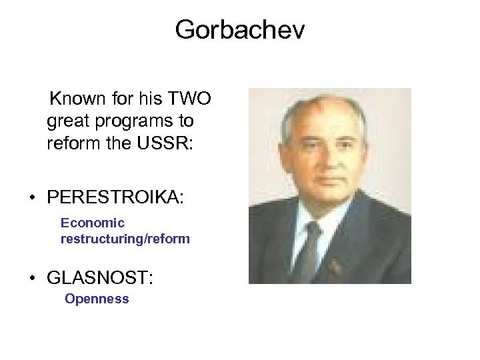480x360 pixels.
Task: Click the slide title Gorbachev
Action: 240,29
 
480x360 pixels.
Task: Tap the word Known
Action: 78,99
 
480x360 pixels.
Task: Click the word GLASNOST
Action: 97,276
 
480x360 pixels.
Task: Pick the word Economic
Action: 93,223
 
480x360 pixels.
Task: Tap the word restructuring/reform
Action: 125,238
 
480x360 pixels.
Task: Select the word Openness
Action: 97,299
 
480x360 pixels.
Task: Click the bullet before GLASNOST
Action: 32,277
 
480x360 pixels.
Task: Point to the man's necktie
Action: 309,250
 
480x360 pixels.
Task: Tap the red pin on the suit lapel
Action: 335,267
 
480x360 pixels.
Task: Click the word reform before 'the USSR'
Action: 69,143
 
